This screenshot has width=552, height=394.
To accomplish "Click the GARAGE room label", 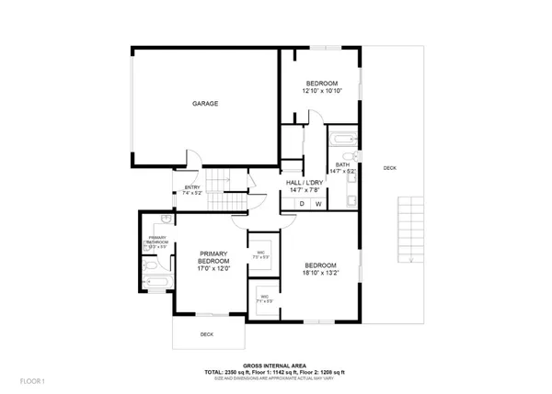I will click(x=205, y=104).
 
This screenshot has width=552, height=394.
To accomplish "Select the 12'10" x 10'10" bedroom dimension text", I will click(x=322, y=91).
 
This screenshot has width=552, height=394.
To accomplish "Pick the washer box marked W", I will click(x=318, y=204).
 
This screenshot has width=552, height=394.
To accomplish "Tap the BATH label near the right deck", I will click(x=342, y=164).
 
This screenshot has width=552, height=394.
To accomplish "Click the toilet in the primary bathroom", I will click(x=149, y=266).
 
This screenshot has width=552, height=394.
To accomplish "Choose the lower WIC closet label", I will click(x=264, y=298).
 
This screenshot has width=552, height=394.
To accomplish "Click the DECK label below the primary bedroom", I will click(x=207, y=334).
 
